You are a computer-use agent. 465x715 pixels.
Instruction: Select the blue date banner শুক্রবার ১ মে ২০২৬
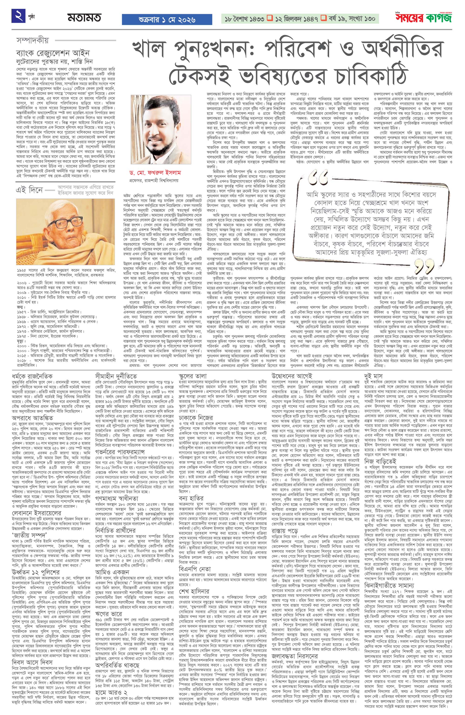tap(167, 20)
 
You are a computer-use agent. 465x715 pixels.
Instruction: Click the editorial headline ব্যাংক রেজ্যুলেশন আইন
tap(53, 53)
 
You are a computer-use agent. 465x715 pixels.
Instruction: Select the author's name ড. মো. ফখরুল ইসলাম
tap(155, 173)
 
